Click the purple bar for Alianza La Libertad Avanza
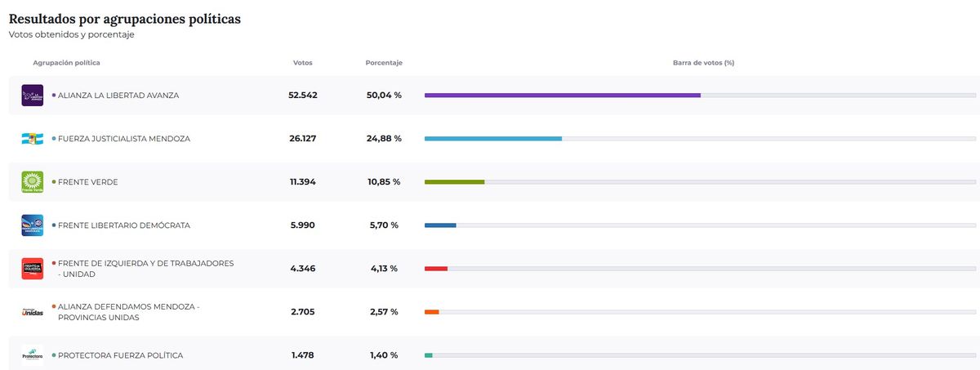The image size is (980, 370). pyautogui.click(x=562, y=96)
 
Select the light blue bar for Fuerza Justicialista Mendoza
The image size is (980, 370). pyautogui.click(x=492, y=139)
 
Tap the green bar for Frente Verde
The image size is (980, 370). pyautogui.click(x=454, y=182)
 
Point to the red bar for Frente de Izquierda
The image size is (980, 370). pyautogui.click(x=436, y=269)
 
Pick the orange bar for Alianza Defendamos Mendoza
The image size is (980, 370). pyautogui.click(x=432, y=312)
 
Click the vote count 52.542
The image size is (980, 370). pyautogui.click(x=302, y=96)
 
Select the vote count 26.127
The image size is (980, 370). pyautogui.click(x=302, y=139)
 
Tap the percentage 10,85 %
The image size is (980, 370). pyautogui.click(x=384, y=182)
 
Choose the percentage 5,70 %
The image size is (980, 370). pyautogui.click(x=383, y=225)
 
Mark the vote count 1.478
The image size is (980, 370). pyautogui.click(x=302, y=355)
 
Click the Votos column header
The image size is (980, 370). pyautogui.click(x=302, y=63)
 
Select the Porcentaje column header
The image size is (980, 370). pyautogui.click(x=384, y=63)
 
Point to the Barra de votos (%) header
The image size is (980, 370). pyautogui.click(x=703, y=63)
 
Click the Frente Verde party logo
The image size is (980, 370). pyautogui.click(x=32, y=182)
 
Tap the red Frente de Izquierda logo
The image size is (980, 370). pyautogui.click(x=32, y=269)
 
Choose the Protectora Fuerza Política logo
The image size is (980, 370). pyautogui.click(x=32, y=355)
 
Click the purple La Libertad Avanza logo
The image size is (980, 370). pyautogui.click(x=32, y=96)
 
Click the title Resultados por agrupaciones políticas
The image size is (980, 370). pyautogui.click(x=125, y=18)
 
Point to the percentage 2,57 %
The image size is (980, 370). pyautogui.click(x=383, y=312)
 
